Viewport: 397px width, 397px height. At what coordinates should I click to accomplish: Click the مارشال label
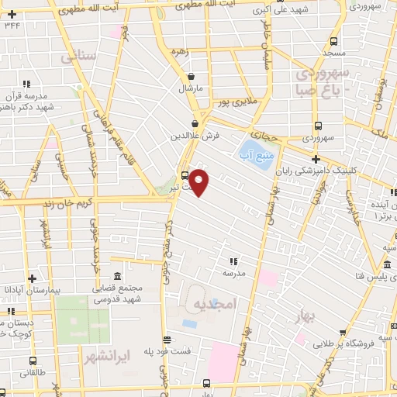click(x=191, y=88)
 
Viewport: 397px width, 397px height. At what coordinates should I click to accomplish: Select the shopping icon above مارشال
click(x=192, y=77)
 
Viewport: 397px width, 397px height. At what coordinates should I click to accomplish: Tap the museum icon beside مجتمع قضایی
click(x=117, y=277)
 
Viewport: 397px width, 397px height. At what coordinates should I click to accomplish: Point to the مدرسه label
click(x=233, y=273)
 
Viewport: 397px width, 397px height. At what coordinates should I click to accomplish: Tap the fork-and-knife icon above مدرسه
click(x=233, y=261)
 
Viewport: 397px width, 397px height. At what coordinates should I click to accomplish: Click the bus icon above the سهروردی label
click(x=318, y=126)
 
